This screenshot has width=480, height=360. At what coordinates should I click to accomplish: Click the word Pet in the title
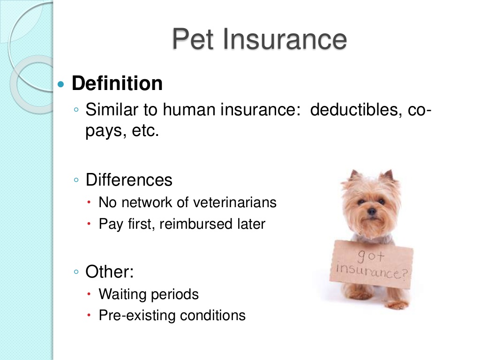[193, 39]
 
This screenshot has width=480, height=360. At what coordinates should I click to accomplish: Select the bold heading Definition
[117, 83]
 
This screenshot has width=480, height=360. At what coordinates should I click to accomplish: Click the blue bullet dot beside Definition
[61, 84]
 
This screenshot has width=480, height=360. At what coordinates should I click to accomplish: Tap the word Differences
[129, 180]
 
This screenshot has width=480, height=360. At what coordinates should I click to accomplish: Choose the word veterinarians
[235, 202]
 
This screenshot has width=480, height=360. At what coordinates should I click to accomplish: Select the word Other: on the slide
[110, 271]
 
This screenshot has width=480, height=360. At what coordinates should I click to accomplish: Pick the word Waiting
[123, 294]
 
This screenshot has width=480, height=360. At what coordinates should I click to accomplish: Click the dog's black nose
[372, 211]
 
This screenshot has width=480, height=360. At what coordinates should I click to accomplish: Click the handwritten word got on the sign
[371, 256]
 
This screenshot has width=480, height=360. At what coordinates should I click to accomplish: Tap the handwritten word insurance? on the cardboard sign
[372, 271]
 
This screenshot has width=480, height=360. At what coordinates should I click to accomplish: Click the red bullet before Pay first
[89, 224]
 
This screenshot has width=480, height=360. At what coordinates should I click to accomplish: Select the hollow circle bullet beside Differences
[76, 180]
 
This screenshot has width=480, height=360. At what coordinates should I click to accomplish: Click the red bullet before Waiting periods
[89, 294]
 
